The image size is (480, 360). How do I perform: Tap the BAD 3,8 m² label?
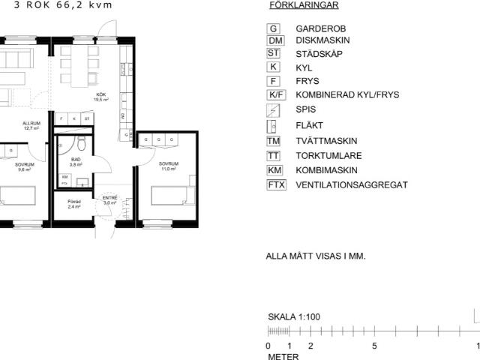(x=76, y=162)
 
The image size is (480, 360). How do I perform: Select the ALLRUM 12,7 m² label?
(x=31, y=125)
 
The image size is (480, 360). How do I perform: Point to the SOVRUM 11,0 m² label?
(x=168, y=166)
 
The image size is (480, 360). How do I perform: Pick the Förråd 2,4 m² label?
(x=74, y=203)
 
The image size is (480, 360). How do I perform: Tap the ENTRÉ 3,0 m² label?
(x=109, y=200)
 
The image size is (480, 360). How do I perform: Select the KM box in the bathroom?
(x=64, y=176)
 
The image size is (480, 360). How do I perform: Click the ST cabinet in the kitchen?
(x=87, y=118)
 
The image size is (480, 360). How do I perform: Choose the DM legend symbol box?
(x=275, y=40)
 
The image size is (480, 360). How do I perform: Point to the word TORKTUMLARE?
(x=328, y=156)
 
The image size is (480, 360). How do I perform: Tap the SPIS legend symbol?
(x=274, y=109)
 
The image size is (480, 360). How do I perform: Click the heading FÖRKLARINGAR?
(x=303, y=5)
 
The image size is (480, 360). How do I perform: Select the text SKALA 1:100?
(x=294, y=317)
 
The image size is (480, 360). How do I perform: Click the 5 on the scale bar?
(x=374, y=346)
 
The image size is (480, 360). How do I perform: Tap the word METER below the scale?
(x=283, y=357)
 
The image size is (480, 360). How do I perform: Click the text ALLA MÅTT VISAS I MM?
(x=316, y=256)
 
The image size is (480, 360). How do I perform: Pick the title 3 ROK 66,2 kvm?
(x=58, y=4)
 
